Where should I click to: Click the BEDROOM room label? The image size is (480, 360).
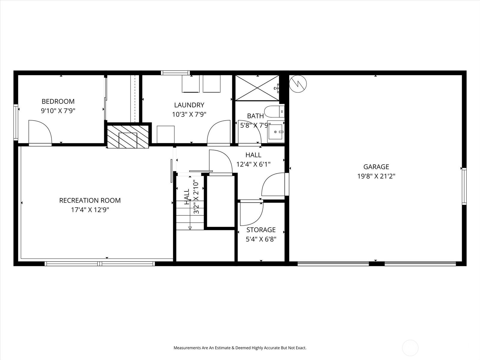[58, 101]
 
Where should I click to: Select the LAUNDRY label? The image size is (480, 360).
[189, 105]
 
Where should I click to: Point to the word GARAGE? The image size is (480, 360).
[376, 167]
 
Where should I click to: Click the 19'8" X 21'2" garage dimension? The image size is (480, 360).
[376, 176]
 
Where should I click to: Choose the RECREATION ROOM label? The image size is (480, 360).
[90, 200]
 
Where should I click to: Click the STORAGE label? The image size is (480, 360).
[261, 230]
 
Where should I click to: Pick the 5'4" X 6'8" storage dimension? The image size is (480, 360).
[261, 239]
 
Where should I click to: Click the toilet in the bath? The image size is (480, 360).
[274, 112]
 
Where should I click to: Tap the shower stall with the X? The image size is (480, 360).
[257, 88]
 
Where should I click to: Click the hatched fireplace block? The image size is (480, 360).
[128, 136]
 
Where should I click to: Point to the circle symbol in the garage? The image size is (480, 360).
[298, 83]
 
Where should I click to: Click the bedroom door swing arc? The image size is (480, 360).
[40, 132]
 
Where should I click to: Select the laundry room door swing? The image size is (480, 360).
[219, 132]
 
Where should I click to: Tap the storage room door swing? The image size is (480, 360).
[251, 214]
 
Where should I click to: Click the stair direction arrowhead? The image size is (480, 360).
[190, 228]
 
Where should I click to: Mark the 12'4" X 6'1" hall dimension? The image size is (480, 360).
[253, 164]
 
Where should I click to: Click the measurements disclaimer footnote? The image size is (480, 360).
[240, 348]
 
